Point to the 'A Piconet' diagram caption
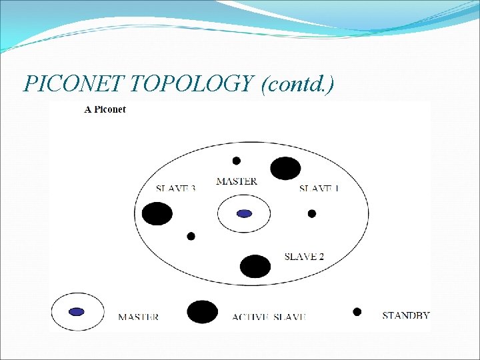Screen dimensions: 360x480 (x=105, y=109)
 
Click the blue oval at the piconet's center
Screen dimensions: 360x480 (x=244, y=214)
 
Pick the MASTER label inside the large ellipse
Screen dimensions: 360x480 (x=237, y=181)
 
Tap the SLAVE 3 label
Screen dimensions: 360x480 (x=175, y=188)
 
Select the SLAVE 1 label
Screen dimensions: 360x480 (x=319, y=188)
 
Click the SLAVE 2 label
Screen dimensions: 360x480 (x=304, y=256)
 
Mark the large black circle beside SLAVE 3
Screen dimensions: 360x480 (x=157, y=214)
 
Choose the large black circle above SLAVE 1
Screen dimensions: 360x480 (x=285, y=168)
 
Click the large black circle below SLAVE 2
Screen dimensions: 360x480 (x=255, y=266)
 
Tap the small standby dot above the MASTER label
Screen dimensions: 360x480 (x=236, y=161)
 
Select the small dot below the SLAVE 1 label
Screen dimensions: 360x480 (x=311, y=213)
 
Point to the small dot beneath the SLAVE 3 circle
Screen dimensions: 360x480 (x=191, y=236)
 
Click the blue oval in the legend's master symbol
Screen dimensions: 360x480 (x=77, y=311)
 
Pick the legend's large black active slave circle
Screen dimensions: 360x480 (x=203, y=312)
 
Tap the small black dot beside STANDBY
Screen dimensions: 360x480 (x=357, y=311)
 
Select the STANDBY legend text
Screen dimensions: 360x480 (x=405, y=315)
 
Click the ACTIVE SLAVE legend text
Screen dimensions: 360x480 (x=269, y=317)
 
